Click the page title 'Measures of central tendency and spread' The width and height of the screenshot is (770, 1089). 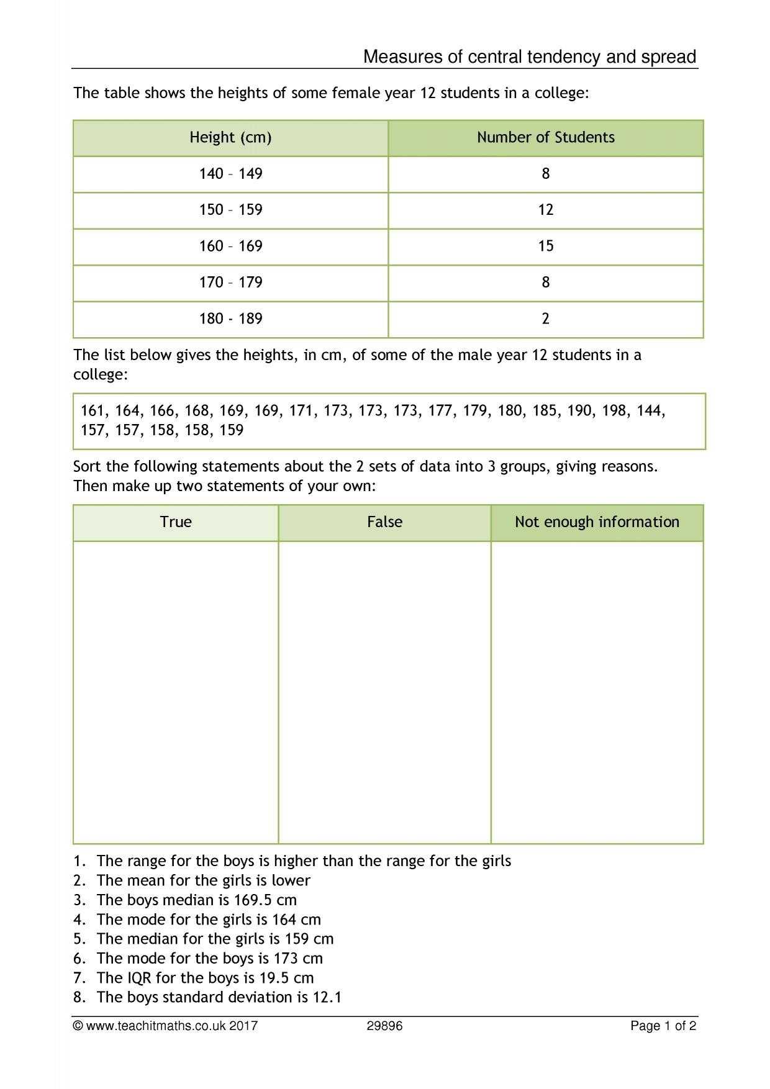coord(529,57)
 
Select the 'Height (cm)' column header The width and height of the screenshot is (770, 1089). coord(230,137)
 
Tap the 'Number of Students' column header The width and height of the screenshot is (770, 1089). coord(545,137)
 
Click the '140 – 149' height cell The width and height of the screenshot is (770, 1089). coord(230,174)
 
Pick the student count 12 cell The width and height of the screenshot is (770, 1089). coord(545,210)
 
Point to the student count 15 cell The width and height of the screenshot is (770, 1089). coord(545,246)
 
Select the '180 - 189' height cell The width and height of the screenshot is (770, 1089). coord(230,319)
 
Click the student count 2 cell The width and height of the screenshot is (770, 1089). coord(545,319)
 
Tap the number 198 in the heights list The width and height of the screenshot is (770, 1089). coord(614,411)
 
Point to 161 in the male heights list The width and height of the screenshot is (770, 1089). coord(92,411)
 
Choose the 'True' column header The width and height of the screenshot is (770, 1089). coord(176,522)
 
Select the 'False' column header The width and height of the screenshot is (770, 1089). coord(384,522)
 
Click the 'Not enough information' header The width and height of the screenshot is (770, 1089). coord(597,522)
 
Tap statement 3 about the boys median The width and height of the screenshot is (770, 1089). coord(196,900)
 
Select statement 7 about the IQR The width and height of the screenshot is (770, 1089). coord(205,978)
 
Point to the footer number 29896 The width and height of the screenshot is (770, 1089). coord(384,1026)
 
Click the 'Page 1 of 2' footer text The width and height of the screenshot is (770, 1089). coord(663,1026)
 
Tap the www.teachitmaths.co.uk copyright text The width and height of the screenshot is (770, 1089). coord(165,1026)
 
